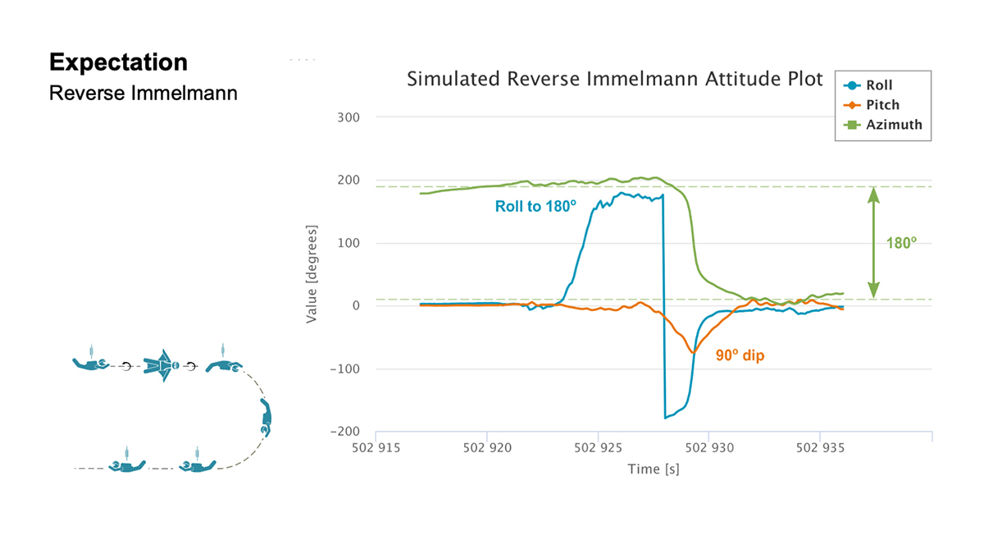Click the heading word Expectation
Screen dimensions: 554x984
click(118, 62)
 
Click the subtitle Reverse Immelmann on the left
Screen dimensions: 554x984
click(143, 93)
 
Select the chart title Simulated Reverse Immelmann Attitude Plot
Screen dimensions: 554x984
click(615, 80)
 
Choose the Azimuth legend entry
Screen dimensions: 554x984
click(890, 125)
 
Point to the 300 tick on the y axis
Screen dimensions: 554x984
click(352, 117)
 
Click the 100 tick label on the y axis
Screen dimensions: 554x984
click(352, 243)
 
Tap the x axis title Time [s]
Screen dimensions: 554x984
click(654, 469)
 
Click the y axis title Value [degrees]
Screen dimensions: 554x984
click(312, 273)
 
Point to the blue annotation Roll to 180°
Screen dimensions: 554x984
click(531, 207)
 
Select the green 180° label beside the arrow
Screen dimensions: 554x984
click(901, 243)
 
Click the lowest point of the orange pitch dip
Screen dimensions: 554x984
click(694, 352)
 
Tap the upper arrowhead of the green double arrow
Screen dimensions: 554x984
click(873, 194)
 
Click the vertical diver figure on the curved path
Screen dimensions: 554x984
click(266, 418)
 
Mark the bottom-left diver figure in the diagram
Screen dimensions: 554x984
click(126, 465)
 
